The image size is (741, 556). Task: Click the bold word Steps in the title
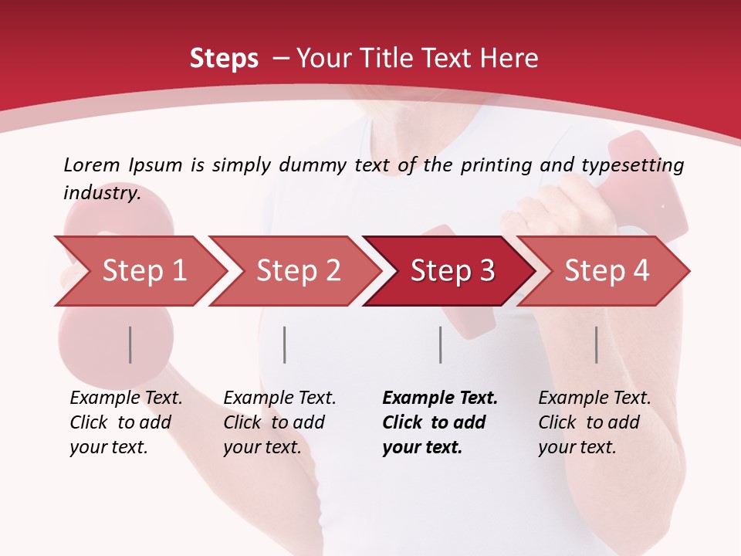(x=224, y=59)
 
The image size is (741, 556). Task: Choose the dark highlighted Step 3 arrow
(x=452, y=271)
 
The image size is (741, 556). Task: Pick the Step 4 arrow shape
(x=607, y=271)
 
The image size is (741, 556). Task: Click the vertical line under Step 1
(x=130, y=344)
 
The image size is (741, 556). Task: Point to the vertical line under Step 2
(x=285, y=344)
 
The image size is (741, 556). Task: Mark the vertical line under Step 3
(x=441, y=344)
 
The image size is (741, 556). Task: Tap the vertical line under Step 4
(x=597, y=344)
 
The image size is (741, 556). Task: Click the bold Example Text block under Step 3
(x=440, y=422)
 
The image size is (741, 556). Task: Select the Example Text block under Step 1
(x=126, y=422)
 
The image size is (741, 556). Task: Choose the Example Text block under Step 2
(x=279, y=422)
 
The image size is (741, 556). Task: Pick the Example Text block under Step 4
(x=594, y=422)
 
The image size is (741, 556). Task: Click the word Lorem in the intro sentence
(x=92, y=165)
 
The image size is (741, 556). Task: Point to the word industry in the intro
(x=102, y=193)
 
